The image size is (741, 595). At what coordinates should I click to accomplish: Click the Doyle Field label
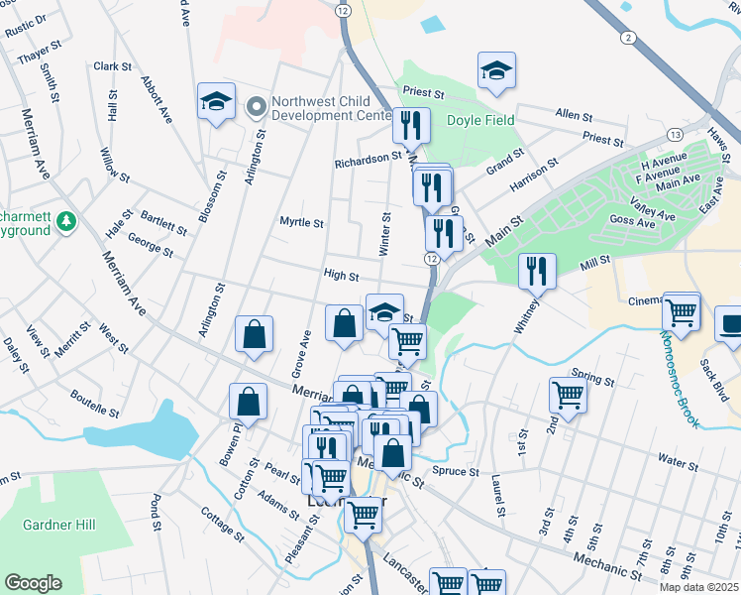point(480,120)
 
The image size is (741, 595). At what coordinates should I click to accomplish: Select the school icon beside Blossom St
point(215,101)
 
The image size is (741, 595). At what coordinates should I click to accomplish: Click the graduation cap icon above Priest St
point(497,70)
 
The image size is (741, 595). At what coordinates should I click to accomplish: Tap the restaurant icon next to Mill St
point(537,271)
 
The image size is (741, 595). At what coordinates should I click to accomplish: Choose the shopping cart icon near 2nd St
point(569,395)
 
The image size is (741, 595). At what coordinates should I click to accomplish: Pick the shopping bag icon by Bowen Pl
point(248,402)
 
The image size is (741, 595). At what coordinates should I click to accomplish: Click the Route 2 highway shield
point(628,37)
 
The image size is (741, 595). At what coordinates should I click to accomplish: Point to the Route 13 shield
point(674,134)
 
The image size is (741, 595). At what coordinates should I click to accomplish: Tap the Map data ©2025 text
point(697,587)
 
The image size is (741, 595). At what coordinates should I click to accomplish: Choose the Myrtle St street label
point(301,223)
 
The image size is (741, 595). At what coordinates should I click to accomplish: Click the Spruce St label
point(456,472)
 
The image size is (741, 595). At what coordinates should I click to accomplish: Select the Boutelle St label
point(95,403)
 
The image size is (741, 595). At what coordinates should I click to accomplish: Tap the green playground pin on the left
point(66,221)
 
